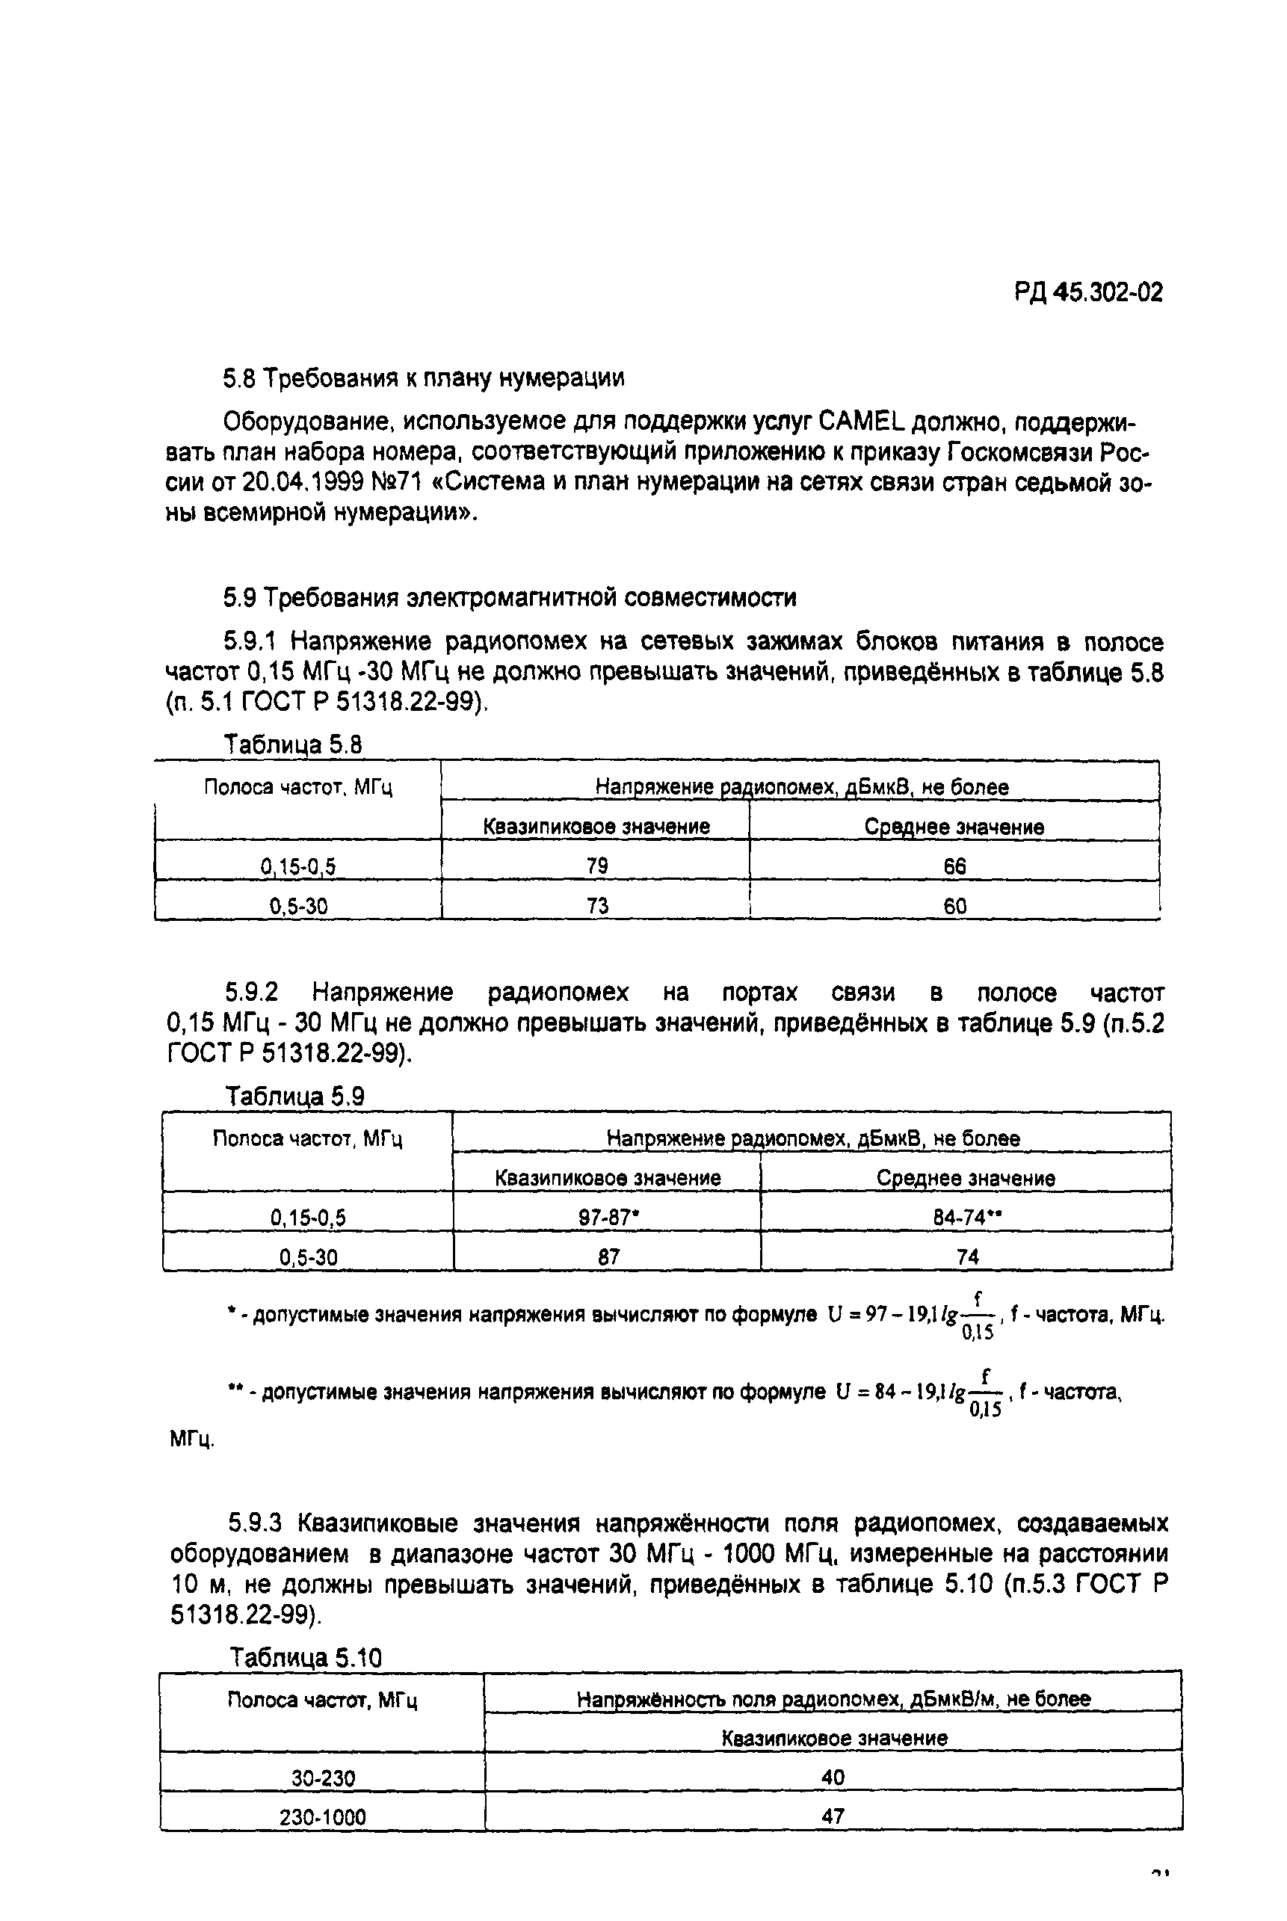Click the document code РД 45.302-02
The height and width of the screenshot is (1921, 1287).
click(1088, 292)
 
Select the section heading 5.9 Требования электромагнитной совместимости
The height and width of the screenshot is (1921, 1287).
click(509, 598)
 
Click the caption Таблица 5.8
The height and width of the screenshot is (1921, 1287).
click(293, 744)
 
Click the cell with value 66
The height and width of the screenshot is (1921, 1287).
click(954, 866)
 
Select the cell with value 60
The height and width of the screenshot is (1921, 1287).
click(954, 905)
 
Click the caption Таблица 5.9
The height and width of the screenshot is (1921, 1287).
click(294, 1097)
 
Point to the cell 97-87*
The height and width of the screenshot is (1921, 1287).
click(608, 1218)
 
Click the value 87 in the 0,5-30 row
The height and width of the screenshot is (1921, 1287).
click(608, 1256)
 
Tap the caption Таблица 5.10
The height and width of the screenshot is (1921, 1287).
click(306, 1659)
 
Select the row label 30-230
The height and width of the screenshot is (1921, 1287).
click(323, 1778)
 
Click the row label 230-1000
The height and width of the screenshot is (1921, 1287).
click(323, 1818)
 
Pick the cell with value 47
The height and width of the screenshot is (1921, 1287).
click(833, 1817)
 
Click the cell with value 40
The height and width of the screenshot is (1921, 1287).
click(833, 1777)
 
